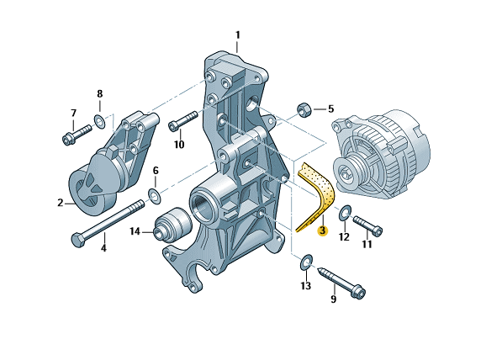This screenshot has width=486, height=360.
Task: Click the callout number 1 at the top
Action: [x=237, y=35]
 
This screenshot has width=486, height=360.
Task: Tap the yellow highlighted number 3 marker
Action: [x=323, y=230]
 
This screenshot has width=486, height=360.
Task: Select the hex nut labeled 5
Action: [x=304, y=109]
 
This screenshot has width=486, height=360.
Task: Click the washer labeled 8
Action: [x=99, y=121]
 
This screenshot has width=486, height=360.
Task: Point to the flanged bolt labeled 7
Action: [x=77, y=135]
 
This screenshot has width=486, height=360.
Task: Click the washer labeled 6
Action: [x=155, y=196]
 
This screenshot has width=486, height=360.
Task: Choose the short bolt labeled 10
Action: [x=182, y=121]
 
